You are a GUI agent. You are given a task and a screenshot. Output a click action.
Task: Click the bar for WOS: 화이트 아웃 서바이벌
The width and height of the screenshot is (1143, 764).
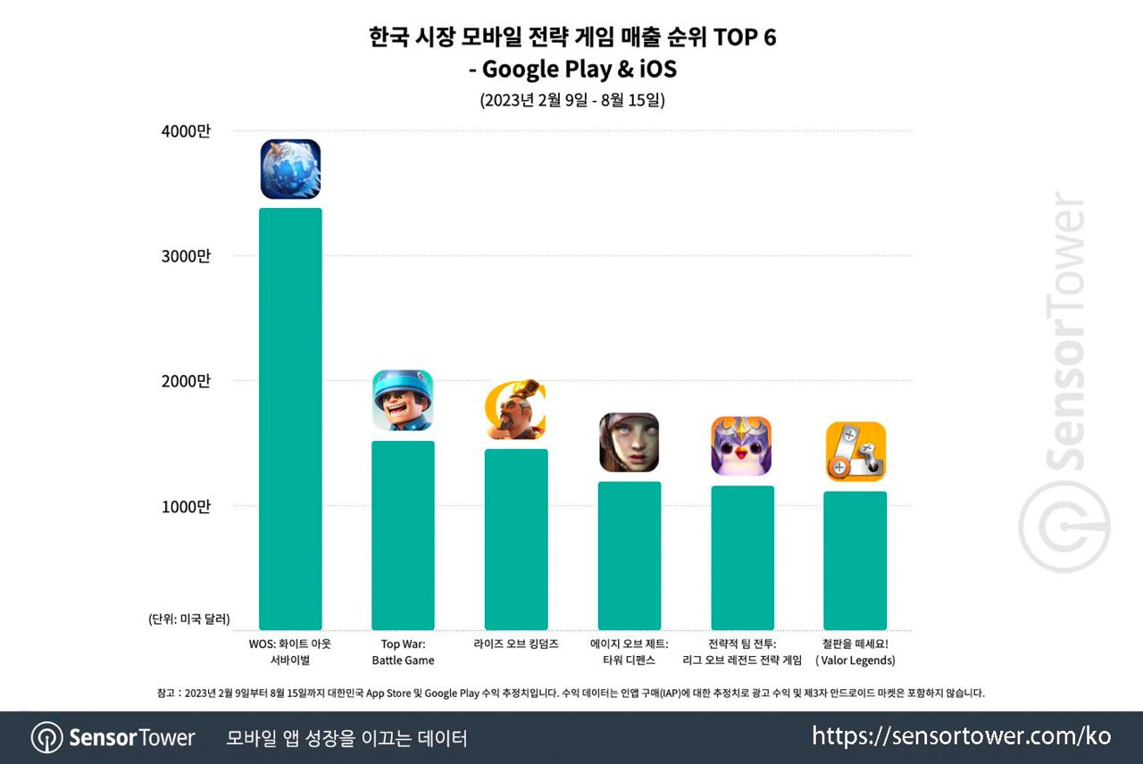(x=290, y=419)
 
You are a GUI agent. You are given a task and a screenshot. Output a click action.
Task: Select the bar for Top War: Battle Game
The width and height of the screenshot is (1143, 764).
(x=403, y=536)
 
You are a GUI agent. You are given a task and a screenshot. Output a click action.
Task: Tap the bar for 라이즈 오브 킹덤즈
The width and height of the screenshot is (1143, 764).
(x=516, y=540)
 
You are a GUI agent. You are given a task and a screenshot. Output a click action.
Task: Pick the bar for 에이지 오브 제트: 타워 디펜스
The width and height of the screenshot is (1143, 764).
(x=630, y=556)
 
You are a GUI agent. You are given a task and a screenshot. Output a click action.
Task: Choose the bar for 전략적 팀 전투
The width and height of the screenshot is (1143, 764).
(x=742, y=558)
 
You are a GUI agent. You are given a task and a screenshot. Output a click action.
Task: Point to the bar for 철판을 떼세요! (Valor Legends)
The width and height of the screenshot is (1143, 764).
(x=855, y=561)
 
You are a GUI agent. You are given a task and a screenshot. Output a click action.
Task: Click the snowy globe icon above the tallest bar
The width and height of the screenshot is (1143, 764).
(x=290, y=169)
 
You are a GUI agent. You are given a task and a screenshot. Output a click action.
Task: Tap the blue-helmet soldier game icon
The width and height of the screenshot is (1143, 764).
(x=403, y=400)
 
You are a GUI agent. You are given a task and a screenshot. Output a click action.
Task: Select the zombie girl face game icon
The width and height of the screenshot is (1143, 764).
(x=630, y=442)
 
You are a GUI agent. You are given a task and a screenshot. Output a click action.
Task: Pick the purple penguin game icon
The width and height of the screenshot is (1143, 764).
(x=741, y=445)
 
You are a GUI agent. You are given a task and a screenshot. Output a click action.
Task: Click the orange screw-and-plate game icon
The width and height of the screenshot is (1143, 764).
(x=855, y=451)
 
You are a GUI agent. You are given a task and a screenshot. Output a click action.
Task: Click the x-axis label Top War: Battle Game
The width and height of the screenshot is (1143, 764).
(x=403, y=652)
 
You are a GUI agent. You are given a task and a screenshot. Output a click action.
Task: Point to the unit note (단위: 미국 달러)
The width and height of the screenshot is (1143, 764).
(x=189, y=619)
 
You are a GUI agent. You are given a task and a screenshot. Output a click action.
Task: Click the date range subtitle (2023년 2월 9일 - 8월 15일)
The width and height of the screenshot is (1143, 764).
(x=571, y=100)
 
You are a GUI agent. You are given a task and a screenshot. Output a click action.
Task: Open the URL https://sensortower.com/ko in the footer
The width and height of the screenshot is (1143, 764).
(x=962, y=736)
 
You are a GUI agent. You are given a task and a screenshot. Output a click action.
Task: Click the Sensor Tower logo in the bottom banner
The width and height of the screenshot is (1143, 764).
(x=113, y=738)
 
